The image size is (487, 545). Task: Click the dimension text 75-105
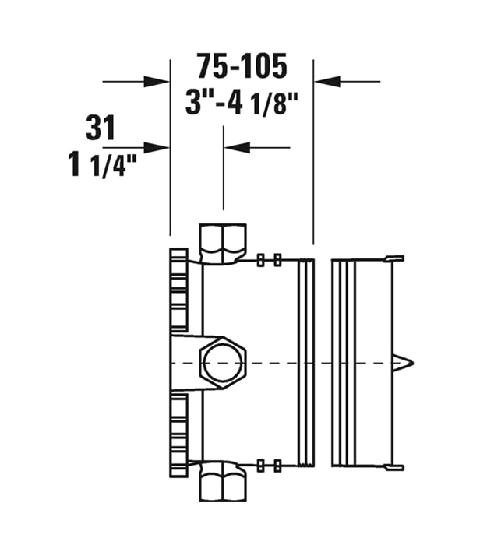click(x=242, y=65)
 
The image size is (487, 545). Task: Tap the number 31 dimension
click(x=101, y=128)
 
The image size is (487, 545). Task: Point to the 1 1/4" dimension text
click(x=103, y=165)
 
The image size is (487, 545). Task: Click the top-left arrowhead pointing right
click(x=157, y=82)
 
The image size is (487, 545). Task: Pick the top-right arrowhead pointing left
click(x=327, y=82)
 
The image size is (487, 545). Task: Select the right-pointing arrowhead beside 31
click(x=157, y=147)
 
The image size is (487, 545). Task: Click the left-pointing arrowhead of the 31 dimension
click(x=238, y=147)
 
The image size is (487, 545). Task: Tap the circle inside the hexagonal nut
click(x=224, y=363)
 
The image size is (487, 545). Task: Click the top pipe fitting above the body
click(x=223, y=243)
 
